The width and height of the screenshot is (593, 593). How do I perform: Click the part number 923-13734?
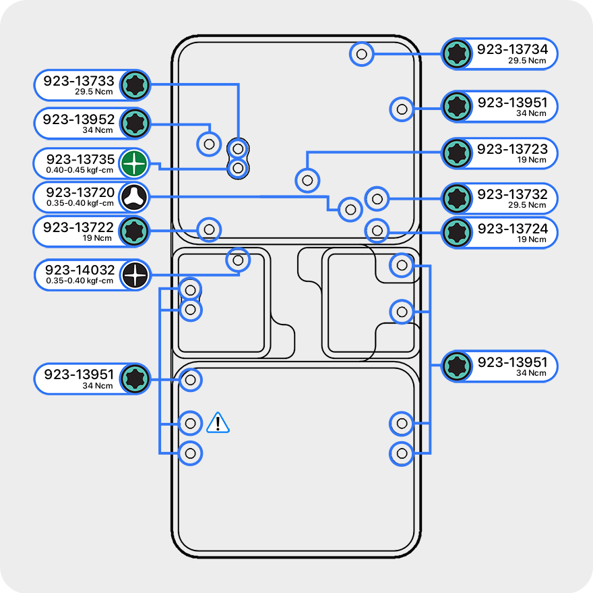[512, 49]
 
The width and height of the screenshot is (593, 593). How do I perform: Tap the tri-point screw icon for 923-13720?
[134, 198]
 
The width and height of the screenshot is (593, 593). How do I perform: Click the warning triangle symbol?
[218, 423]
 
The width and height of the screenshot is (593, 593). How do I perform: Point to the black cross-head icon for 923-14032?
[135, 275]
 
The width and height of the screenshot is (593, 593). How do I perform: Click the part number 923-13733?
[79, 81]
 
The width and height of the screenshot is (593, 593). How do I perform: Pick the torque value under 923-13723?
[532, 161]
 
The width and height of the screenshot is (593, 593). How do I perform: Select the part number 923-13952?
[79, 119]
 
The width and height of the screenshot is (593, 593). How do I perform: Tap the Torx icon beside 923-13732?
[457, 198]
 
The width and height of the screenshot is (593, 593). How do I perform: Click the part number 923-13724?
[513, 229]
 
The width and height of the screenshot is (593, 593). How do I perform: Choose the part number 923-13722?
[79, 227]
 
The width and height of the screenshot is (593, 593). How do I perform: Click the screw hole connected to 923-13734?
[362, 53]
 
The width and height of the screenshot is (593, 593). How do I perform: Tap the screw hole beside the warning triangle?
[191, 423]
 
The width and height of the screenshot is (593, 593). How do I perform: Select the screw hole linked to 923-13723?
[307, 180]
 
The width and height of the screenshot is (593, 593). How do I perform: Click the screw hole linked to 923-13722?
[209, 229]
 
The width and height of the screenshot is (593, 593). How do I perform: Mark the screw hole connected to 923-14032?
[237, 259]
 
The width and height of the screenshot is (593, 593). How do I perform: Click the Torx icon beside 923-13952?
[135, 123]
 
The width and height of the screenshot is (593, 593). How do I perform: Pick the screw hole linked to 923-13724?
[377, 231]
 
